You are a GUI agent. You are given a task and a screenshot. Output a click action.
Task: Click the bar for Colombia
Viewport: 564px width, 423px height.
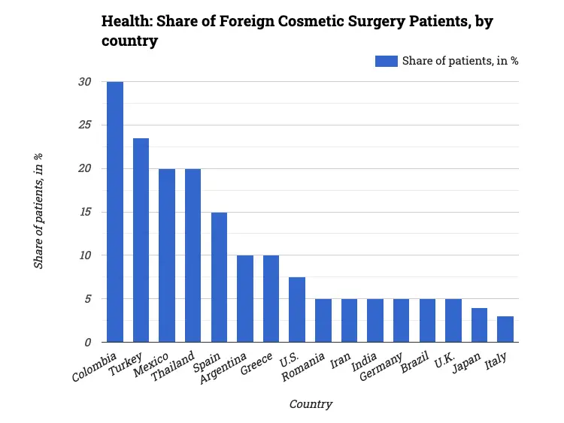click(x=115, y=212)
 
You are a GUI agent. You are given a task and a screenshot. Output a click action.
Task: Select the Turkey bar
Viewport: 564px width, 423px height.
click(x=141, y=240)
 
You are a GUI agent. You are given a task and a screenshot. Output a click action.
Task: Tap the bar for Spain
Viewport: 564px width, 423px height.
click(x=219, y=277)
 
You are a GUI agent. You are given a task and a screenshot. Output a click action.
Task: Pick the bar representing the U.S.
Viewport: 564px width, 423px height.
click(x=297, y=310)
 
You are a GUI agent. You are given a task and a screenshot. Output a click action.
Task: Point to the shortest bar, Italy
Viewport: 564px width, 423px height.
click(x=505, y=329)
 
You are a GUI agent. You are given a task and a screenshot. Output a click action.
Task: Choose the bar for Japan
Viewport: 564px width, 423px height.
click(x=480, y=325)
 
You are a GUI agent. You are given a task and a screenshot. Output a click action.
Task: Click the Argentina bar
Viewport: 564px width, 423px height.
click(x=245, y=299)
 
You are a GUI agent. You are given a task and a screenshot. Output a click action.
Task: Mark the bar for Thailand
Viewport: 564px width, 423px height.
click(x=193, y=255)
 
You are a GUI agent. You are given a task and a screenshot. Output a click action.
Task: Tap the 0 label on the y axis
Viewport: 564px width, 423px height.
click(x=87, y=343)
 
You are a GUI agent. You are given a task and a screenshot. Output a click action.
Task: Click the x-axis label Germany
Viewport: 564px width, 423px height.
click(x=386, y=365)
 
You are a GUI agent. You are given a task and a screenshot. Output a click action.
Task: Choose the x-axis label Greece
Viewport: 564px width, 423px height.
click(x=257, y=362)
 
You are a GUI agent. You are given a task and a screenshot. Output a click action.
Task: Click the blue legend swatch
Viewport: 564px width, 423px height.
click(x=386, y=61)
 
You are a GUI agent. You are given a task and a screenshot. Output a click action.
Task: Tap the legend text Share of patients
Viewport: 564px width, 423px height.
click(x=459, y=61)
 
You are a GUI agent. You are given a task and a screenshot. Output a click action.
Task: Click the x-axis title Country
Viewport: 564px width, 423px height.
click(x=311, y=404)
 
